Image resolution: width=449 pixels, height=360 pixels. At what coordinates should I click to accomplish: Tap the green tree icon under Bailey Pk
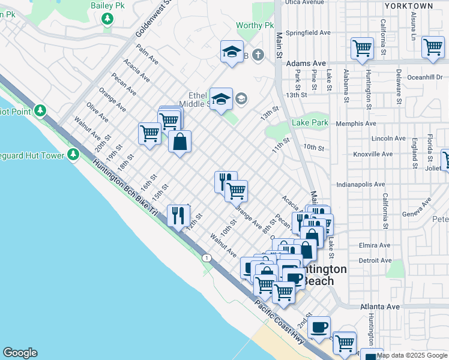click(x=107, y=19)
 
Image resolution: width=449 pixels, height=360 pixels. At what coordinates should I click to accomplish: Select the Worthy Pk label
click(x=255, y=25)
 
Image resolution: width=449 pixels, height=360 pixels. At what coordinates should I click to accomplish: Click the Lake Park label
click(x=310, y=123)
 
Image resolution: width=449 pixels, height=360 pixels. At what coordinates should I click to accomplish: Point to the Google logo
click(x=20, y=353)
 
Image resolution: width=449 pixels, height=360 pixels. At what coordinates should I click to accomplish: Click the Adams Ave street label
click(x=306, y=63)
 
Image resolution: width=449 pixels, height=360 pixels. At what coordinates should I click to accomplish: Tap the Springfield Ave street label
click(x=309, y=32)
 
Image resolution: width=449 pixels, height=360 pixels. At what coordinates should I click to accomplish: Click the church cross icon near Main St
click(x=258, y=55)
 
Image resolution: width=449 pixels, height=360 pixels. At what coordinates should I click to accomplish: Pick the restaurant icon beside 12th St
click(x=178, y=215)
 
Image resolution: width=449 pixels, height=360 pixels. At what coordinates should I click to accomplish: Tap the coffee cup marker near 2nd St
click(x=319, y=327)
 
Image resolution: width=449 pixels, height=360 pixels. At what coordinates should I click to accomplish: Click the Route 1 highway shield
click(x=207, y=257)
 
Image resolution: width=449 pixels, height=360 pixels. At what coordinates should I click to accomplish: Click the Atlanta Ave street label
click(x=380, y=307)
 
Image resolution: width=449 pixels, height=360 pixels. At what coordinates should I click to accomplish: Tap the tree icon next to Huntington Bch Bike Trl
click(x=73, y=155)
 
